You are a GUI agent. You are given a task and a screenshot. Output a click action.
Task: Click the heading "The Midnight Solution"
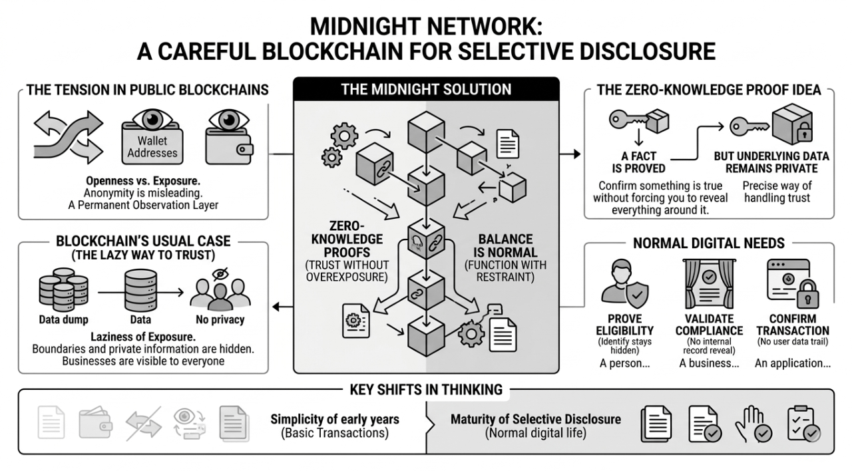426,89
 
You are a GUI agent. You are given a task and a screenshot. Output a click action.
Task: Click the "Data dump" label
63,320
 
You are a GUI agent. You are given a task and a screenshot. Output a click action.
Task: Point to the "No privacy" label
220,320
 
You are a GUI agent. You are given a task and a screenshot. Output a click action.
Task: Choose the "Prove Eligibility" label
630,324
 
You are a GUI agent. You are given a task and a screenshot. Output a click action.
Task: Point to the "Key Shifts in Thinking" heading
426,389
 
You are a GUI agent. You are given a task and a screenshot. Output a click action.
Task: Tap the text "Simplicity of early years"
335,419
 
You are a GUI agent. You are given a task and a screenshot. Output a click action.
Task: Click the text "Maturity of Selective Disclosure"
535,419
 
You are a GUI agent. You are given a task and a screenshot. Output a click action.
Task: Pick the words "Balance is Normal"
506,246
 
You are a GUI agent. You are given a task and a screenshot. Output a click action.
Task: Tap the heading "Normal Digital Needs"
709,243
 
